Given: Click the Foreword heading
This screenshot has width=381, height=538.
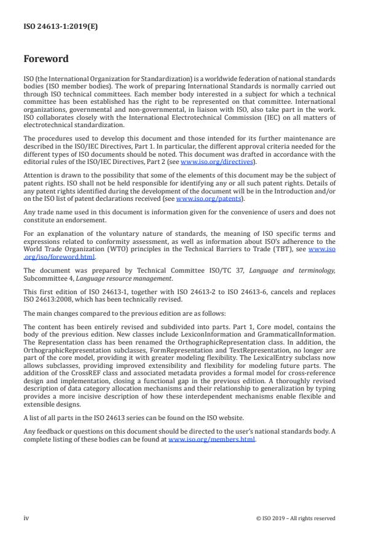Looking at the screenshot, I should pos(46,59).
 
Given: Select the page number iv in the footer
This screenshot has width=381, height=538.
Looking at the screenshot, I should pos(26,518).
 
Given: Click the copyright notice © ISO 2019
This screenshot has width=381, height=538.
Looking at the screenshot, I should pos(295,518).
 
